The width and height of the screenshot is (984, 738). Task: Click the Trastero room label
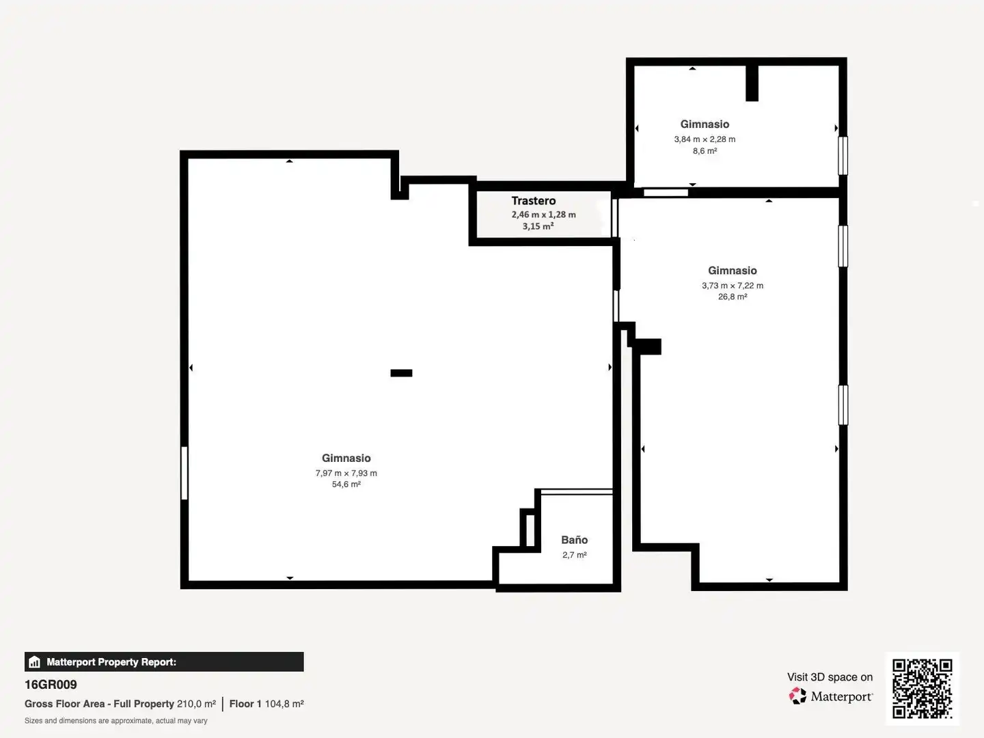click(x=534, y=201)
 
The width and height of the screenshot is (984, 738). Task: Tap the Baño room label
click(x=574, y=540)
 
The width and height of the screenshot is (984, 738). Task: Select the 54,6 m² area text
click(x=346, y=484)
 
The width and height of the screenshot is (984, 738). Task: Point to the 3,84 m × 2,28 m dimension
click(x=705, y=139)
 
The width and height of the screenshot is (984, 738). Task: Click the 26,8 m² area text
click(x=733, y=297)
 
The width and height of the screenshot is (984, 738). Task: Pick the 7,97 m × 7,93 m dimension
click(x=346, y=473)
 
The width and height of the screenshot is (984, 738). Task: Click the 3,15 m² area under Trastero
click(x=538, y=226)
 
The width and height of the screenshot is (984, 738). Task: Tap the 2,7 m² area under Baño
click(x=575, y=555)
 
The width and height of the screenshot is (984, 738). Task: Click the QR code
click(x=922, y=688)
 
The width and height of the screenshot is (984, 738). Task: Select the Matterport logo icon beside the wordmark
click(x=797, y=696)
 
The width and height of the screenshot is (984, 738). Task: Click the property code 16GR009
click(x=51, y=685)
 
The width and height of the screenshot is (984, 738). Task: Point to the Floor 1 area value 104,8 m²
click(x=284, y=704)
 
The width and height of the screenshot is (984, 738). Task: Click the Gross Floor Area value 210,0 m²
click(x=196, y=704)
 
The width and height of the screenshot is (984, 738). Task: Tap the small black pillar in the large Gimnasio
click(x=401, y=373)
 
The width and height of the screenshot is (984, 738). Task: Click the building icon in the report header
click(x=35, y=662)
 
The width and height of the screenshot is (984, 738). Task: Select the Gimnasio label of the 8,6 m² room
click(x=705, y=124)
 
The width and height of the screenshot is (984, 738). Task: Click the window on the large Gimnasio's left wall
click(x=184, y=473)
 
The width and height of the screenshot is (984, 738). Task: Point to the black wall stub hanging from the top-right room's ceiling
click(x=752, y=83)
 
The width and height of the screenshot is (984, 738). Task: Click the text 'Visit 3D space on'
click(x=830, y=677)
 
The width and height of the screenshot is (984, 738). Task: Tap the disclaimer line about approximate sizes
click(x=115, y=721)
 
